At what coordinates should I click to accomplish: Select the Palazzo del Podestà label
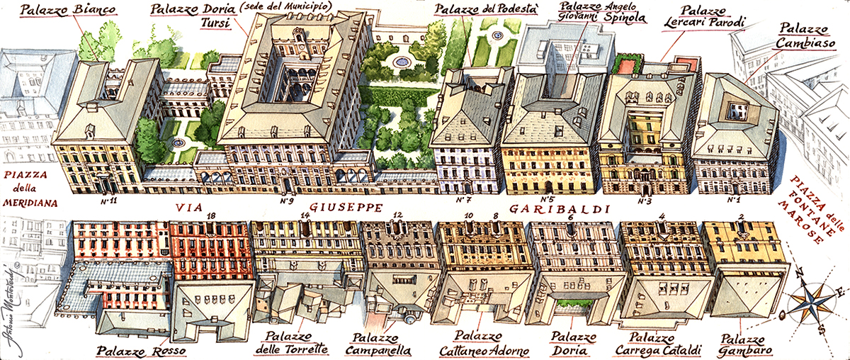click(478, 10)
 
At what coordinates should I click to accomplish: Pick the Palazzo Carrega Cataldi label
click(655, 344)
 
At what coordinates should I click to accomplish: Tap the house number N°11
click(108, 201)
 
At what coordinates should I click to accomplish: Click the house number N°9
click(286, 201)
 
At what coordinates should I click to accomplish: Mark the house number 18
click(210, 215)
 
